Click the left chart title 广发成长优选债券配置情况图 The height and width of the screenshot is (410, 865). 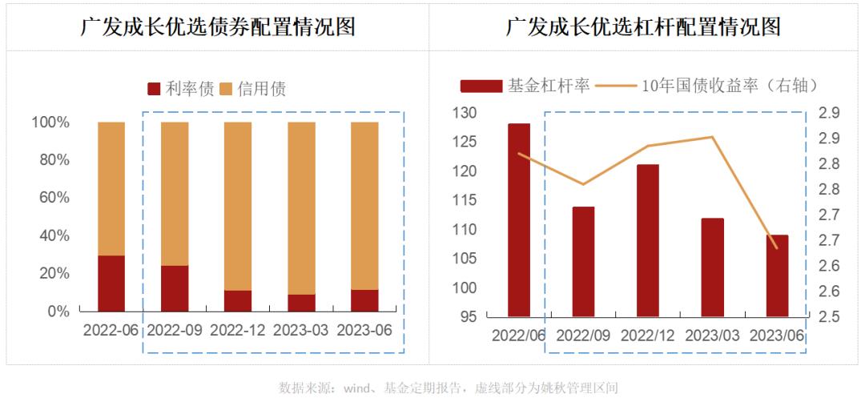pyautogui.click(x=218, y=27)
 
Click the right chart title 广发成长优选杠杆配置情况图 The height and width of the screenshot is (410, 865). pyautogui.click(x=643, y=27)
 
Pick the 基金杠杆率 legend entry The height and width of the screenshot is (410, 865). pyautogui.click(x=525, y=85)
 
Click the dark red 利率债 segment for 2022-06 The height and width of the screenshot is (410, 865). pyautogui.click(x=111, y=283)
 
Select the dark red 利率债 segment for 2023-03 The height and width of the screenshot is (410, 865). pyautogui.click(x=302, y=303)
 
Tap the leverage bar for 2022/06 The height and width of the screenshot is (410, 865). pyautogui.click(x=518, y=220)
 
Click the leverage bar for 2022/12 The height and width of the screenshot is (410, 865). pyautogui.click(x=647, y=240)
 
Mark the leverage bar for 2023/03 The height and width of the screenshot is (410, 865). pyautogui.click(x=712, y=267)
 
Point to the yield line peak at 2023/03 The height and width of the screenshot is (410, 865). pyautogui.click(x=712, y=137)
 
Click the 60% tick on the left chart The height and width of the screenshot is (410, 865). pyautogui.click(x=50, y=198)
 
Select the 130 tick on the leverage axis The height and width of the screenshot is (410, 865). pyautogui.click(x=465, y=113)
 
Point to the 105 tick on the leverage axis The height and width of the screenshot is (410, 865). pyautogui.click(x=465, y=259)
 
